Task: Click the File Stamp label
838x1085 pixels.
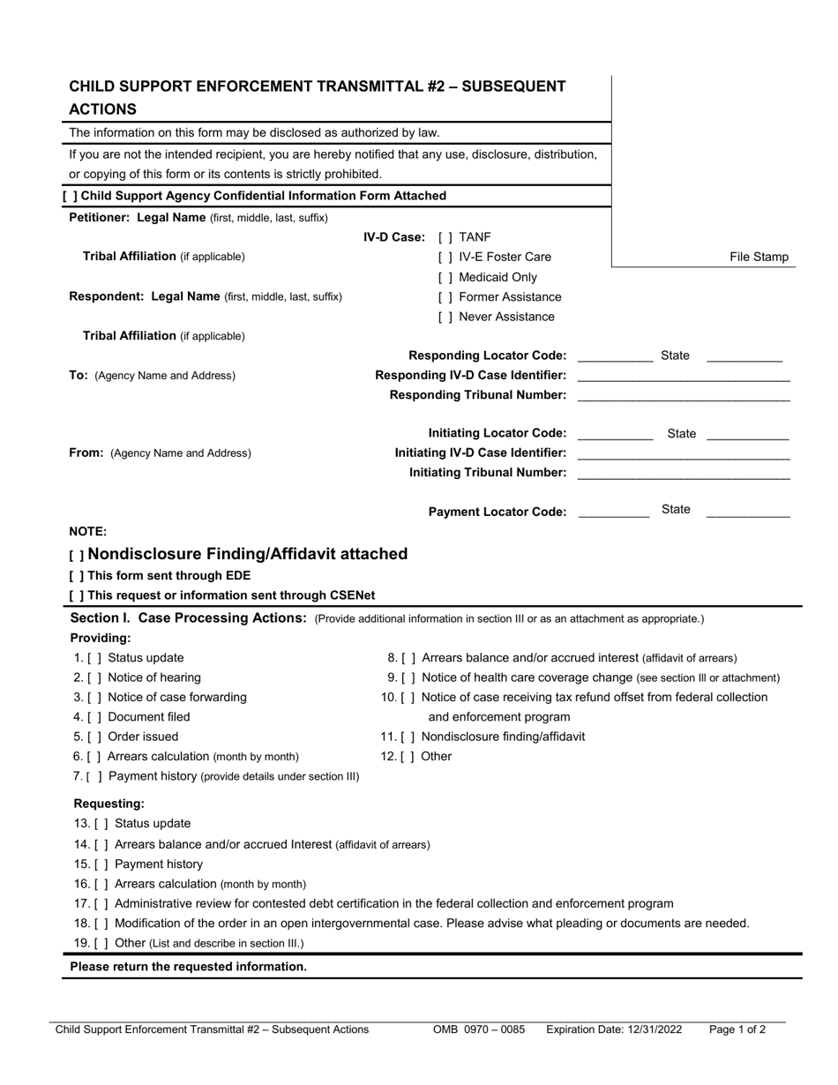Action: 759,258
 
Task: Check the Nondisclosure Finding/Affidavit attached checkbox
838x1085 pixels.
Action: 77,556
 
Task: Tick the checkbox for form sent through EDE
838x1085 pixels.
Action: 76,576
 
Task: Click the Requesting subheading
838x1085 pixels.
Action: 108,804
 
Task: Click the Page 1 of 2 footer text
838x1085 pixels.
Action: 737,1029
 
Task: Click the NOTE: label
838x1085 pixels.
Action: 88,531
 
